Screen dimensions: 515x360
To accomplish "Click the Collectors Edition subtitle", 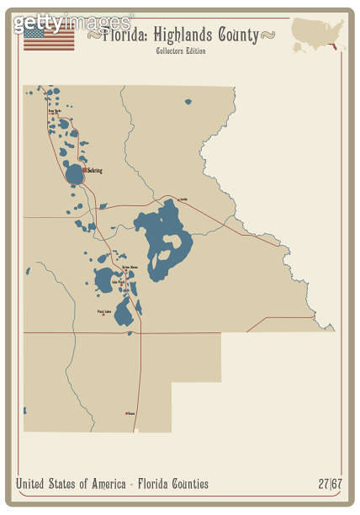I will coord(179,51).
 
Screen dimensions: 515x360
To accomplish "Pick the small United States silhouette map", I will coord(317,33).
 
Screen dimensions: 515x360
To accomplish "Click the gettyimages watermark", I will coord(71,21).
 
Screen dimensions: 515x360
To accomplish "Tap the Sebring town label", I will coord(95,171).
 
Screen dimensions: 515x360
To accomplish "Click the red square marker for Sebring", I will coord(85,170).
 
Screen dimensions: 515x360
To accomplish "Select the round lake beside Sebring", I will coord(74,174).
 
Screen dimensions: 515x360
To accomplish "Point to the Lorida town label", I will coord(184,199).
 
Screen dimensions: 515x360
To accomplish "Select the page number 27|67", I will coord(329,484).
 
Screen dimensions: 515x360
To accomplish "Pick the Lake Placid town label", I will coord(117,282).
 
